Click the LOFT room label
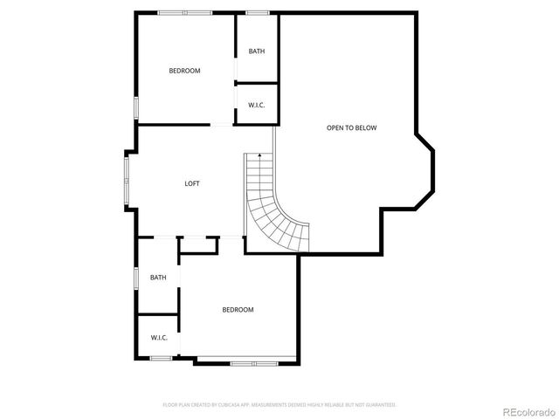[x=192, y=183]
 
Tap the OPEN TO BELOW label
[x=351, y=128]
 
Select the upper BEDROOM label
[x=184, y=71]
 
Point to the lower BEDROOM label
[x=238, y=310]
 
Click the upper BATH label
[x=257, y=51]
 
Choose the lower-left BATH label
[x=158, y=278]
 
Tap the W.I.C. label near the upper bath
[x=257, y=106]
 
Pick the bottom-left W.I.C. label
[x=158, y=338]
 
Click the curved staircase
[x=278, y=209]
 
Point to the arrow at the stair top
[x=259, y=155]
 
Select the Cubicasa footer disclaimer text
[x=279, y=405]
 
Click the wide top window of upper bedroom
[x=184, y=12]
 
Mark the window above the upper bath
[x=257, y=12]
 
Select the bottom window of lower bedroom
[x=253, y=361]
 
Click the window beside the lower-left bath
[x=135, y=278]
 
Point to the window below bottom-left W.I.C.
[x=160, y=358]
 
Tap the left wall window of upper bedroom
[x=135, y=106]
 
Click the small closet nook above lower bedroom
[x=197, y=245]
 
